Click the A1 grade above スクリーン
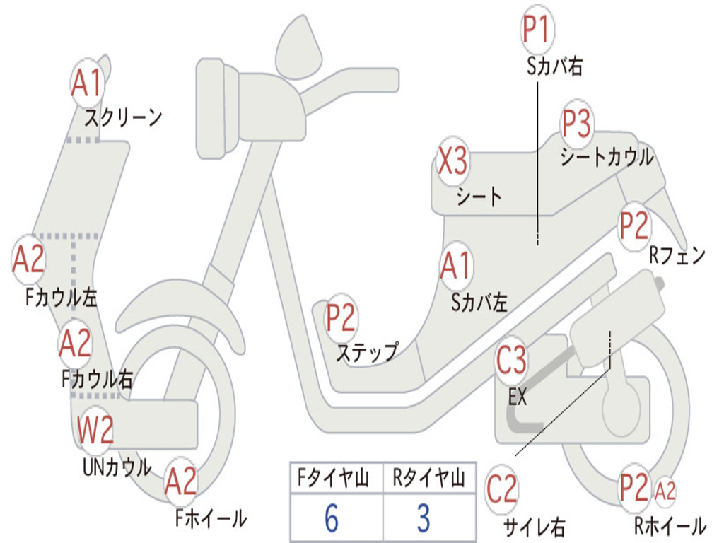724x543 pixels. point(88,83)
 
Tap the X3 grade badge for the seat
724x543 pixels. point(452,162)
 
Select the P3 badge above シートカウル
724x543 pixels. point(577,124)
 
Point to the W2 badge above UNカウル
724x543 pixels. point(95,430)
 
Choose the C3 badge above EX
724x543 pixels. point(511,361)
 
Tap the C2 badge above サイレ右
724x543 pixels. point(503,491)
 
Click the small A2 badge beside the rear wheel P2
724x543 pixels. point(665,490)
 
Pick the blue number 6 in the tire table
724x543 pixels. point(332,518)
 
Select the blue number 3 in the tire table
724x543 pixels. point(424,518)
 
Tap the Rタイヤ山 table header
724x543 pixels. point(428,479)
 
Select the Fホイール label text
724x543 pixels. point(211,518)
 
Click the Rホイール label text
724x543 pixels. point(670,525)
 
